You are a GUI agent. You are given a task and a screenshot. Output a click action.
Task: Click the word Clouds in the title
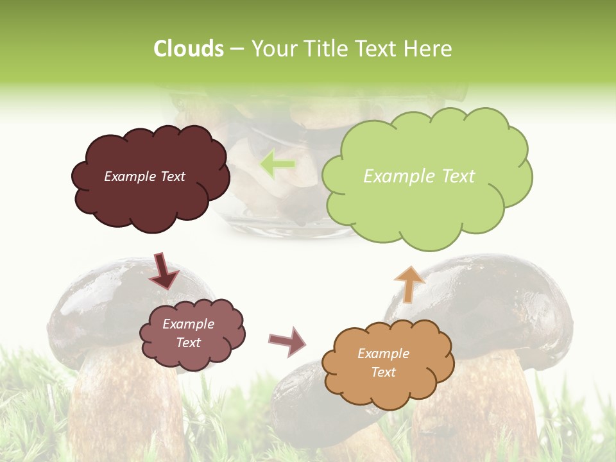(189, 49)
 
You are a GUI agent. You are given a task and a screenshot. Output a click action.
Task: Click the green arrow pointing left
(277, 165)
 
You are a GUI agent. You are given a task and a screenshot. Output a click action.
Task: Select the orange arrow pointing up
(409, 283)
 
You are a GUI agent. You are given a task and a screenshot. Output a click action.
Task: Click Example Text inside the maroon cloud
(144, 176)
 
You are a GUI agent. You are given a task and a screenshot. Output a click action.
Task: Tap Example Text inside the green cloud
(419, 176)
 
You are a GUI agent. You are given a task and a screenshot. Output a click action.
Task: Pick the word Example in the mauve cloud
(188, 324)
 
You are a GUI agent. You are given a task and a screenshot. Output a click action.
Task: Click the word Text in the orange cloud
(383, 372)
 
